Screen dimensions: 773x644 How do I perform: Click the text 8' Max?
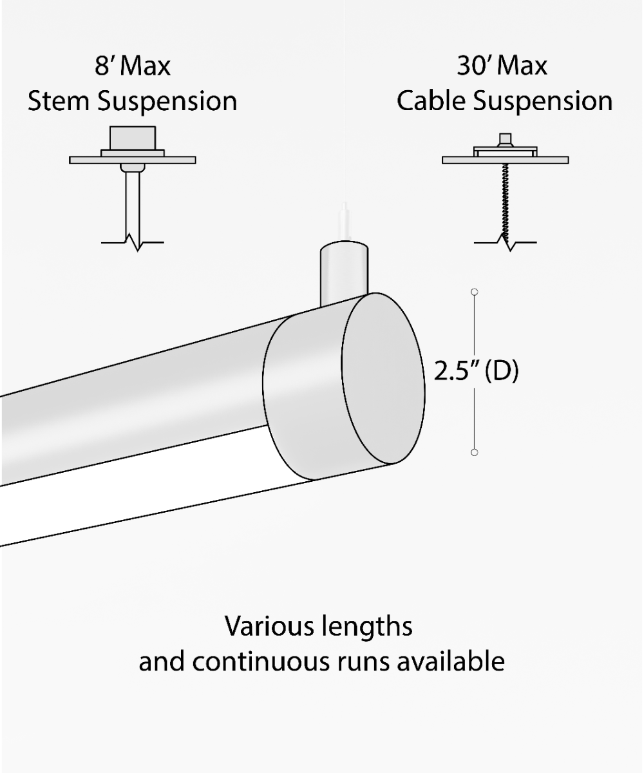tap(133, 66)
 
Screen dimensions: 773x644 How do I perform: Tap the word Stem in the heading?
tap(59, 101)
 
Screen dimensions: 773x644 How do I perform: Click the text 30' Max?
tap(502, 66)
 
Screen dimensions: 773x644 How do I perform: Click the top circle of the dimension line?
tap(475, 292)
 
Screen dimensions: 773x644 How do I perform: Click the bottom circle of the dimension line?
tap(475, 453)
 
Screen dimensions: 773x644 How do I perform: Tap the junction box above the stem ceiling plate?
tap(133, 138)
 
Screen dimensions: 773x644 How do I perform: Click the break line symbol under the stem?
tap(133, 243)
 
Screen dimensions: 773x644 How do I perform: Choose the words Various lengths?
tap(319, 626)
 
